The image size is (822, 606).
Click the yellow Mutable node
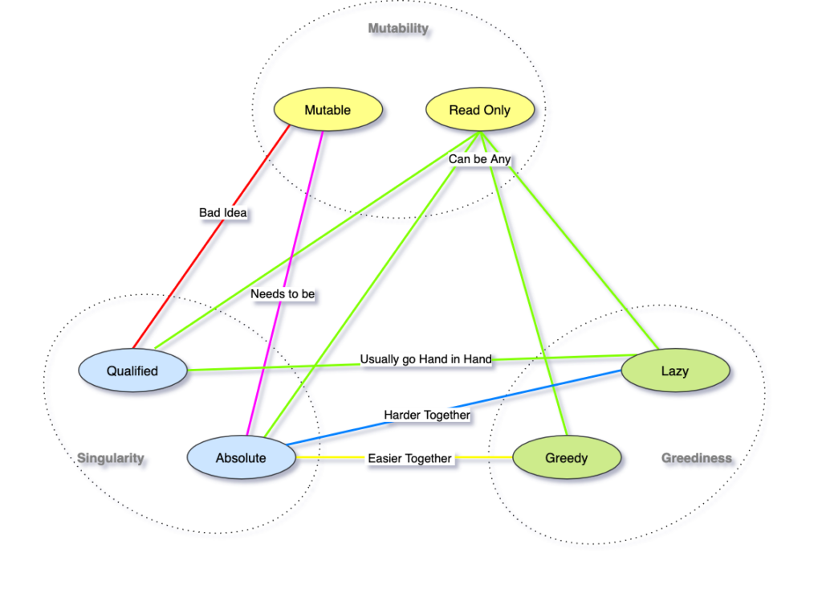328,110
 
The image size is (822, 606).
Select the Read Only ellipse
479,110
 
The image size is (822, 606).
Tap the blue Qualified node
133,371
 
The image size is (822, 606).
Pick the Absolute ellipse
241,458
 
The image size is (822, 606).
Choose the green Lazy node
675,371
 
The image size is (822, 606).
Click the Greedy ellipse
567,458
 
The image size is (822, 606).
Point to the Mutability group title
398,29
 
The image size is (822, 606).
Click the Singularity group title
111,458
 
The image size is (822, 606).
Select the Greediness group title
697,458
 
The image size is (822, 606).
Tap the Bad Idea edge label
223,213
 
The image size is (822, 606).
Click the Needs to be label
283,294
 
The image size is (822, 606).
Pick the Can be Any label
479,159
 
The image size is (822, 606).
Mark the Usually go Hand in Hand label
425,359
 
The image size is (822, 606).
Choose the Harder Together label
427,415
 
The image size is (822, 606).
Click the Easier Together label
409,458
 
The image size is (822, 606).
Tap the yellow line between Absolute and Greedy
329,458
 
